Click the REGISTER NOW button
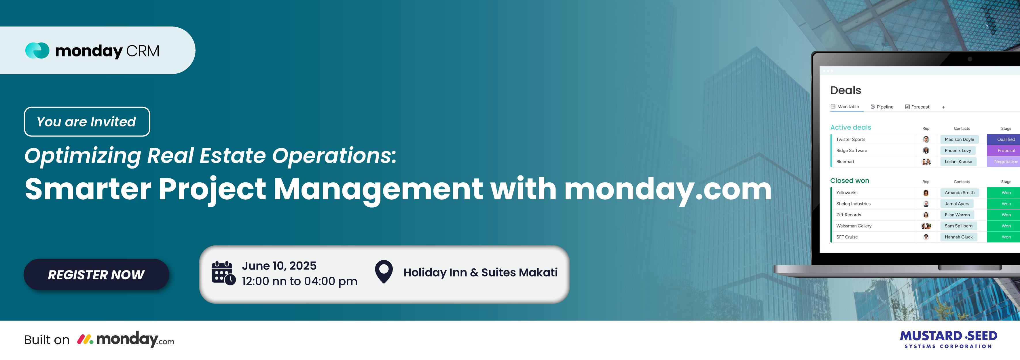[x=96, y=274]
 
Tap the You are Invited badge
[x=87, y=122]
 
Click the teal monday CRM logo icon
[x=37, y=50]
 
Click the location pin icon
[x=384, y=271]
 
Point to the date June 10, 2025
[x=279, y=266]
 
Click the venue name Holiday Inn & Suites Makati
[x=480, y=272]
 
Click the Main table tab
[x=845, y=107]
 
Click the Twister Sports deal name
[x=851, y=139]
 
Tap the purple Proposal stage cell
[x=1003, y=151]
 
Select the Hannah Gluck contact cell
[x=959, y=237]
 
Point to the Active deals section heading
[x=851, y=127]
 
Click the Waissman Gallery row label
[x=854, y=226]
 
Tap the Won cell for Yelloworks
[x=1003, y=192]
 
